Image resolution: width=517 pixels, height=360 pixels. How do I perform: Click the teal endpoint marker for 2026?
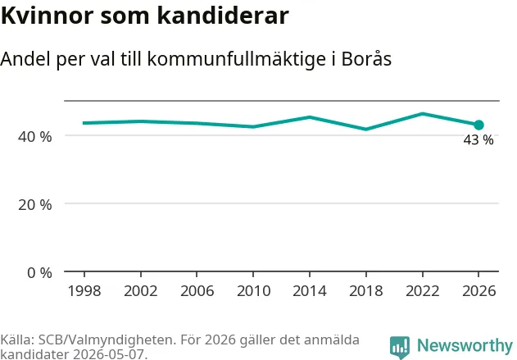[x=478, y=125]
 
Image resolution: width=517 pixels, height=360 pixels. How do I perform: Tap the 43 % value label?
[x=478, y=140]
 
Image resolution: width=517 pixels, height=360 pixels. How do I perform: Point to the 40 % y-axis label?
[x=35, y=137]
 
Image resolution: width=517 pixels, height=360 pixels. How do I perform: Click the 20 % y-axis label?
[x=35, y=205]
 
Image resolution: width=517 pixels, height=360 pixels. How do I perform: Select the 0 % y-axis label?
[x=39, y=273]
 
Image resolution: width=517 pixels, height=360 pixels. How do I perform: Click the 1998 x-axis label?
[x=84, y=291]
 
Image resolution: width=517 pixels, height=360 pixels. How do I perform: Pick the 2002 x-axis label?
[x=141, y=291]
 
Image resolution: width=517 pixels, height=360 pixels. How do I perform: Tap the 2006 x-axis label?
[x=197, y=291]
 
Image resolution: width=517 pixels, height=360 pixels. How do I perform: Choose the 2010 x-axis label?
[x=253, y=291]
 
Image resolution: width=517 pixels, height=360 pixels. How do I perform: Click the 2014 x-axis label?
[x=310, y=291]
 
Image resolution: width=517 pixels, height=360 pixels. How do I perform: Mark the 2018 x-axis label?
[x=366, y=291]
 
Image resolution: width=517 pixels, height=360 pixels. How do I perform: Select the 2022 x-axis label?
[x=423, y=291]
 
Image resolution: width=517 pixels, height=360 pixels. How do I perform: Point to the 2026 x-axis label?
[x=478, y=291]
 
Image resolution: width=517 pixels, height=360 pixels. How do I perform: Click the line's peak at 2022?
[x=423, y=114]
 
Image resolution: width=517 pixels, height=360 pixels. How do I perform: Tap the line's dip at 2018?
[x=366, y=129]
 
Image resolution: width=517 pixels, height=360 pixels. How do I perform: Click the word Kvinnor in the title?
[x=48, y=16]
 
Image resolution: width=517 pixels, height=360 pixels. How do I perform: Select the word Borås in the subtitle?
[x=366, y=59]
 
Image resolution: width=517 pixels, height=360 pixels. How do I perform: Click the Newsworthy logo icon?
[x=400, y=347]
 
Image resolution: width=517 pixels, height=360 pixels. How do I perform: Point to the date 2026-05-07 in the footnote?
[x=108, y=354]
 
